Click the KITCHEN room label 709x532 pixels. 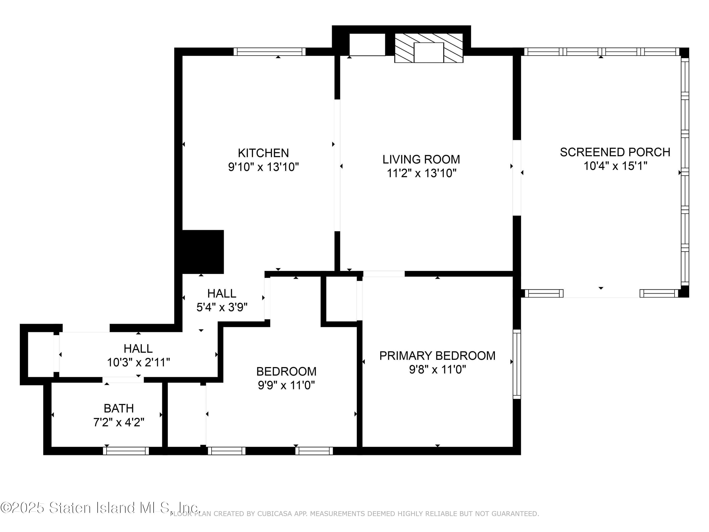[x=263, y=153]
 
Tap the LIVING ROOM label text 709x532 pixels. [x=421, y=159]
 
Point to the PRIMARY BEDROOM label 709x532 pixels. [x=437, y=356]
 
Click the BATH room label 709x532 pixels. [x=119, y=408]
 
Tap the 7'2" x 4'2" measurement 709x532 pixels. [x=119, y=422]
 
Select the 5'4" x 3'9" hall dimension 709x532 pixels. [x=222, y=307]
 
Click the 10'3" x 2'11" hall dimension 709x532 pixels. [x=138, y=362]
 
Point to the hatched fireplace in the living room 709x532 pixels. [x=428, y=48]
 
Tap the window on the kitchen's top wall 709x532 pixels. [x=269, y=52]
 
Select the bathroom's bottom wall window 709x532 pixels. [x=126, y=451]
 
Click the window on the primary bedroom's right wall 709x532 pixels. [x=517, y=364]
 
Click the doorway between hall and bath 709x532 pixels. [x=123, y=380]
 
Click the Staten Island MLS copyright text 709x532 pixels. [x=100, y=508]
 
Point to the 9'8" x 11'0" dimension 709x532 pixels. [x=437, y=369]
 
